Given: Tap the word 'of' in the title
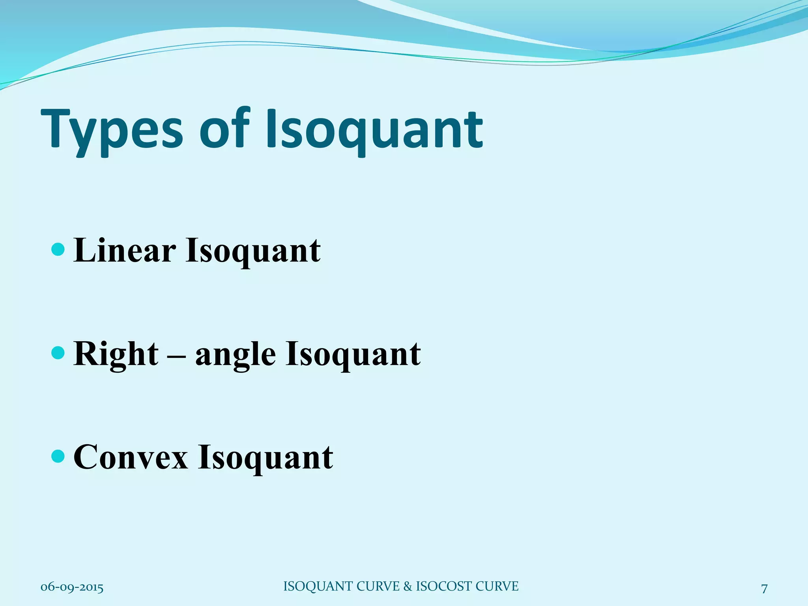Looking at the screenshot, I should click(228, 128).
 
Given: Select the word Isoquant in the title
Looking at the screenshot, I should click(374, 130).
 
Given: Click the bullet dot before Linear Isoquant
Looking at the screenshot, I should click(58, 249).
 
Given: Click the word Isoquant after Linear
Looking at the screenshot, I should click(253, 252).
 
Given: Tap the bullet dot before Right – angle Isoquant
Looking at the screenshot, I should click(58, 353).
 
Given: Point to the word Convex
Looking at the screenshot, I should click(131, 457).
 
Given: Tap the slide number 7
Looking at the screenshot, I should click(764, 589).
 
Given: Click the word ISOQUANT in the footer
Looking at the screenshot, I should click(319, 586).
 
